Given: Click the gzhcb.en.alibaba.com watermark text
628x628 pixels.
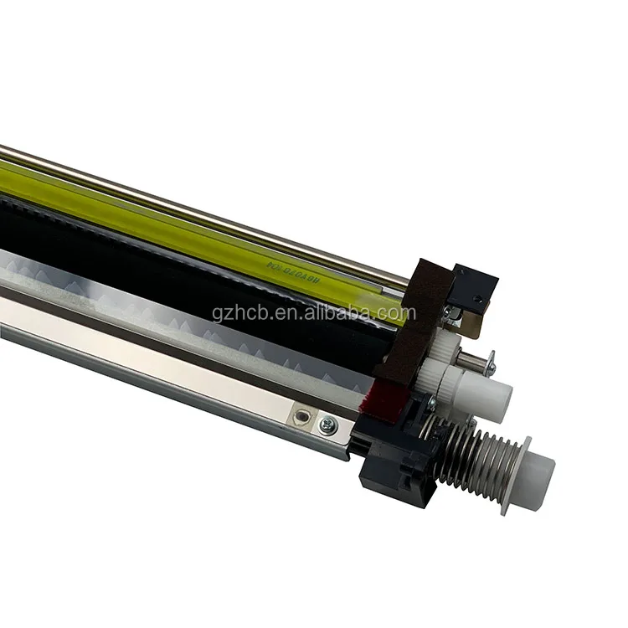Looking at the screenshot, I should coord(314,314).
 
